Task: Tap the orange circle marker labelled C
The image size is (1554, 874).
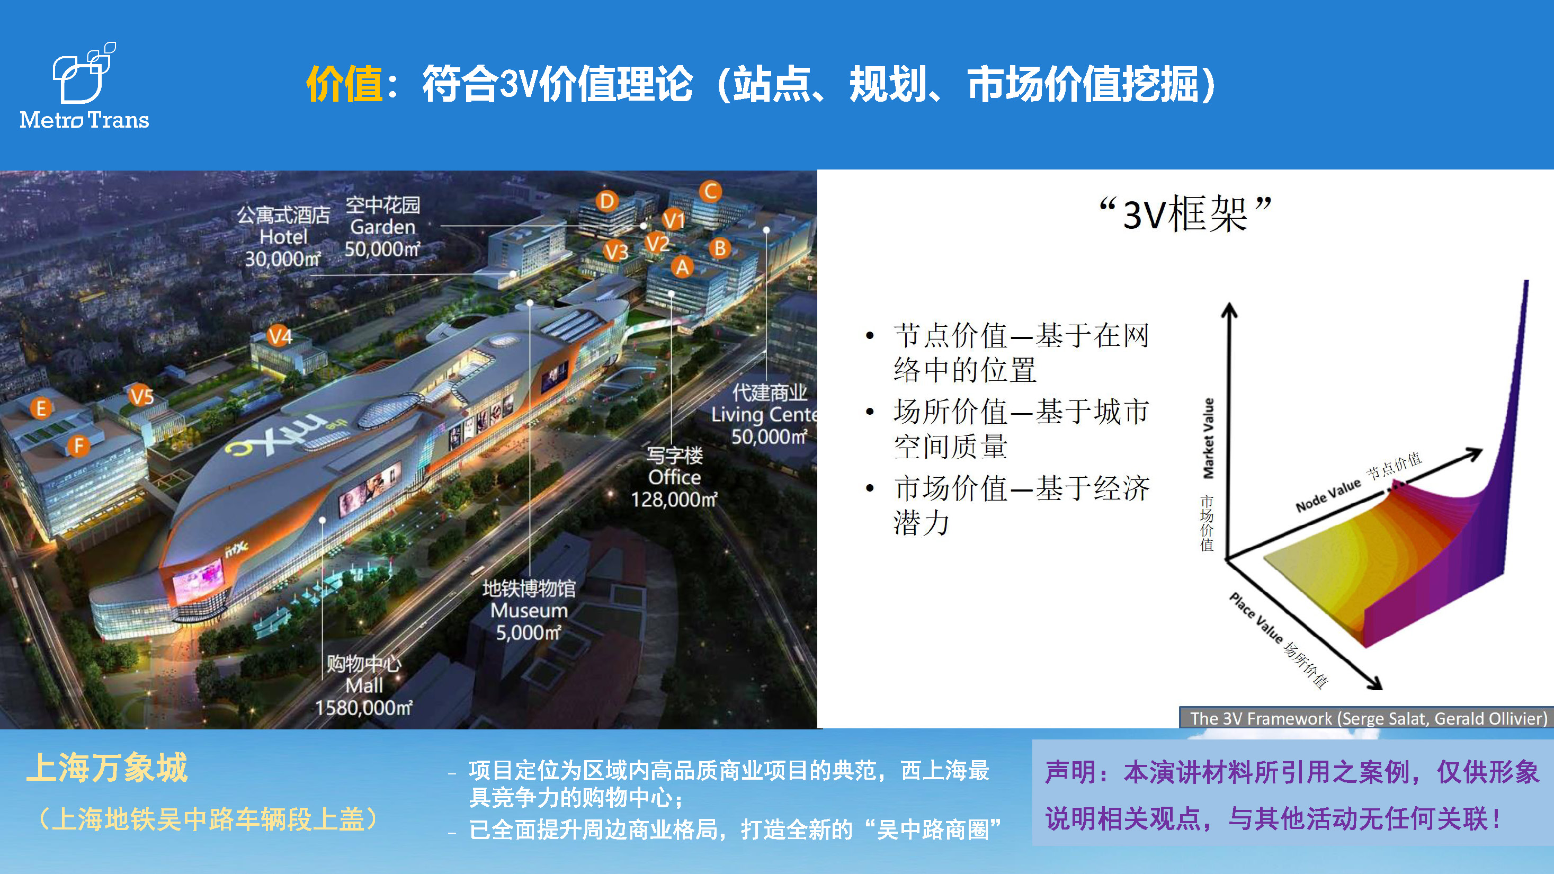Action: pos(711,191)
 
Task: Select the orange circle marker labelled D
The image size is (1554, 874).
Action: pos(607,201)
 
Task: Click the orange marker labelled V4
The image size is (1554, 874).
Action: pos(280,336)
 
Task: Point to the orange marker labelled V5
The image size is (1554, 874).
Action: pos(142,396)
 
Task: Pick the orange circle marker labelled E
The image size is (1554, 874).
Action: pos(41,408)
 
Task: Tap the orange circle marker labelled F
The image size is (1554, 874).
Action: pos(78,447)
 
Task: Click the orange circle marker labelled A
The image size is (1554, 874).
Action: pos(682,266)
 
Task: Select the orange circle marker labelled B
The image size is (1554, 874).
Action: pos(720,248)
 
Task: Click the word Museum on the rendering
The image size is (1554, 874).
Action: pos(529,610)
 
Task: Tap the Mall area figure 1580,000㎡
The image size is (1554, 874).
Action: pos(364,708)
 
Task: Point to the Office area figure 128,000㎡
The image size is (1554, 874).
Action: pos(674,500)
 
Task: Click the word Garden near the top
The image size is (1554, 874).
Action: pos(383,227)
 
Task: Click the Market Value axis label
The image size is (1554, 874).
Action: pos(1208,439)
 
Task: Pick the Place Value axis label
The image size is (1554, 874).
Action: pos(1256,618)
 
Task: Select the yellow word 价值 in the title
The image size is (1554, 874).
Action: pos(344,84)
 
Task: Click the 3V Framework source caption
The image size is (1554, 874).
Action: pos(1368,718)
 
